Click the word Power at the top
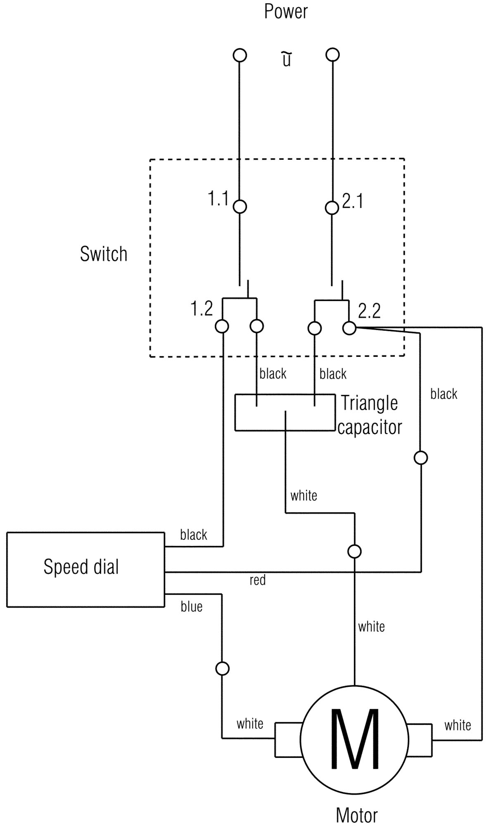286,12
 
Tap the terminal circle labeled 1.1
240,206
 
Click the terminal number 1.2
202,309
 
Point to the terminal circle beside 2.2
349,328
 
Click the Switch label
104,254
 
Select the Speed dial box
85,570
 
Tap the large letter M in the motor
354,739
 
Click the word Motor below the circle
356,815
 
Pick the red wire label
257,580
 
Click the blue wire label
192,606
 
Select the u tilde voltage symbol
287,59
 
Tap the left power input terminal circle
240,55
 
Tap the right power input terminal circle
332,55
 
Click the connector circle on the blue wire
222,668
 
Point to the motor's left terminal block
288,740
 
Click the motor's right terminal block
420,740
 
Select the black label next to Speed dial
194,535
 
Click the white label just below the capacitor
304,495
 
